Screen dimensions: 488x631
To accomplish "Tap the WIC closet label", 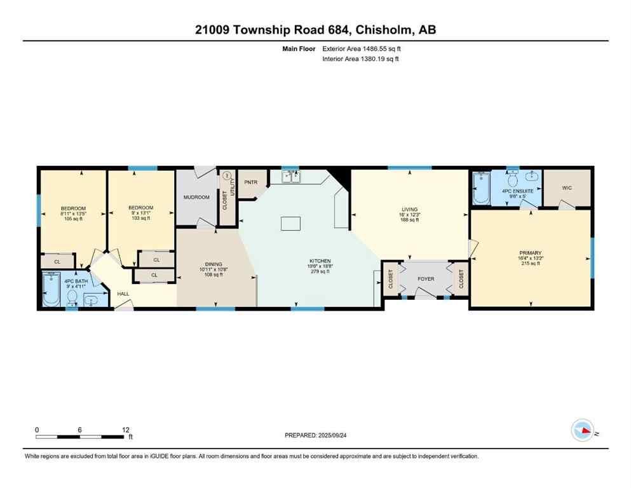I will coord(567,188).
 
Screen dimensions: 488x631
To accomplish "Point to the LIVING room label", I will coord(408,208).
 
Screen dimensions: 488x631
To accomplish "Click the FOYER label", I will coord(426,278).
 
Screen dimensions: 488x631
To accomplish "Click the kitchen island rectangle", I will coord(291,223).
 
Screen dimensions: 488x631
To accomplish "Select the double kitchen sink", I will coord(292,178).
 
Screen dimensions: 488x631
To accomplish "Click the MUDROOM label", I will coord(196,197).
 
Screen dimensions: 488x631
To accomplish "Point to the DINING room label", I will coord(214,264).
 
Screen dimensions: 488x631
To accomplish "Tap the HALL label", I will coord(123,294).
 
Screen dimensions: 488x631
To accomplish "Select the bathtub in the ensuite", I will coord(481,188).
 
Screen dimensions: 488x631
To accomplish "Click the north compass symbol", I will coord(583,430).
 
